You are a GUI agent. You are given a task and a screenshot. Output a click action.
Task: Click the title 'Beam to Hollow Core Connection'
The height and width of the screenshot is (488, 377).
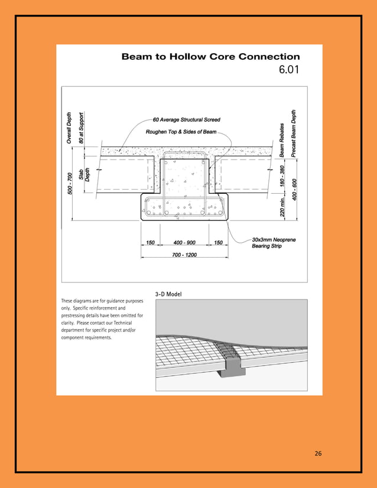210,57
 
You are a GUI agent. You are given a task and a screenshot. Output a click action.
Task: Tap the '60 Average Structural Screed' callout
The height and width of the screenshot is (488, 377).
186,120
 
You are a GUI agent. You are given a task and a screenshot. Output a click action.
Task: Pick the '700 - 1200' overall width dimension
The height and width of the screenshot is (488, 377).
184,255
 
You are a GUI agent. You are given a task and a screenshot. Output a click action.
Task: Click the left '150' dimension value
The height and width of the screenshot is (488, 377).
150,243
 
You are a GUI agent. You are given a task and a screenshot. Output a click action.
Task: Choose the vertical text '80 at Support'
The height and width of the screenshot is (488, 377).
82,127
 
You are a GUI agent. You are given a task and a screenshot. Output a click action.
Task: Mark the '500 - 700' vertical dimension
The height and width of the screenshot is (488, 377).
70,184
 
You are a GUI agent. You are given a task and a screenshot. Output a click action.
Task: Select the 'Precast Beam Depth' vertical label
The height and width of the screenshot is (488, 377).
294,133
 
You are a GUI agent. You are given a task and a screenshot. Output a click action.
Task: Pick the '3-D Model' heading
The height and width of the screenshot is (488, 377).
168,294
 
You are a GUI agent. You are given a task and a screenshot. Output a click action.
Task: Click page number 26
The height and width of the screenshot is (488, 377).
318,454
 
